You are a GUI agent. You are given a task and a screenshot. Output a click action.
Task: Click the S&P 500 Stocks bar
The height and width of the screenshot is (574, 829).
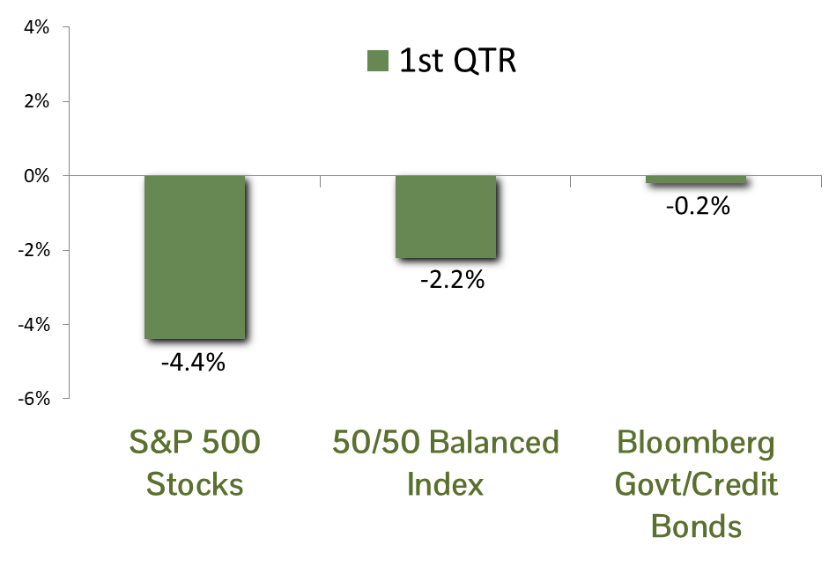pos(195,257)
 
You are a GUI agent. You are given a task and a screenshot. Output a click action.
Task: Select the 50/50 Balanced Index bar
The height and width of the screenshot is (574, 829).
pos(445,217)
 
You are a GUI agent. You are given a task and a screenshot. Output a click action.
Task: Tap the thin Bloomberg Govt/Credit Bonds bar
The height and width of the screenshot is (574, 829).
pos(696,180)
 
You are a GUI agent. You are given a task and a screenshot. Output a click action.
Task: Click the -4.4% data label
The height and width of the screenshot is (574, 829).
pos(193,361)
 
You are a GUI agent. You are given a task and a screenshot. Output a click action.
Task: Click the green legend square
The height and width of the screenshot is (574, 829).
pos(378,62)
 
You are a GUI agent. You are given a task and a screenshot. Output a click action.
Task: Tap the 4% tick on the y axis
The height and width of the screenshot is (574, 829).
pos(37,27)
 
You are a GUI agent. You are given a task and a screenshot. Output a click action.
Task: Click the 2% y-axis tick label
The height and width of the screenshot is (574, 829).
pos(37,101)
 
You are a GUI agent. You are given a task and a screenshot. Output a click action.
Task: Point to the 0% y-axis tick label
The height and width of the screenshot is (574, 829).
pos(37,176)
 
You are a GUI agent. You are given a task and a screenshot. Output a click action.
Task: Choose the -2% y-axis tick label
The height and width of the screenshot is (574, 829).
pos(34,251)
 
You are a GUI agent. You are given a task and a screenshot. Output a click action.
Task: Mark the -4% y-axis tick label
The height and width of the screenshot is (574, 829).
pos(34,325)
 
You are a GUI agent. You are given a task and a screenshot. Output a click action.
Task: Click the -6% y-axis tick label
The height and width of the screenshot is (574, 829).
pos(34,399)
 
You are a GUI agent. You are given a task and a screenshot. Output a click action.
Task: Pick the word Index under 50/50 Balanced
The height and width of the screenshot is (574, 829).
pos(445,484)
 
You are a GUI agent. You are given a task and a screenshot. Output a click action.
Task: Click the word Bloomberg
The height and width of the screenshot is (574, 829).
pos(696,443)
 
